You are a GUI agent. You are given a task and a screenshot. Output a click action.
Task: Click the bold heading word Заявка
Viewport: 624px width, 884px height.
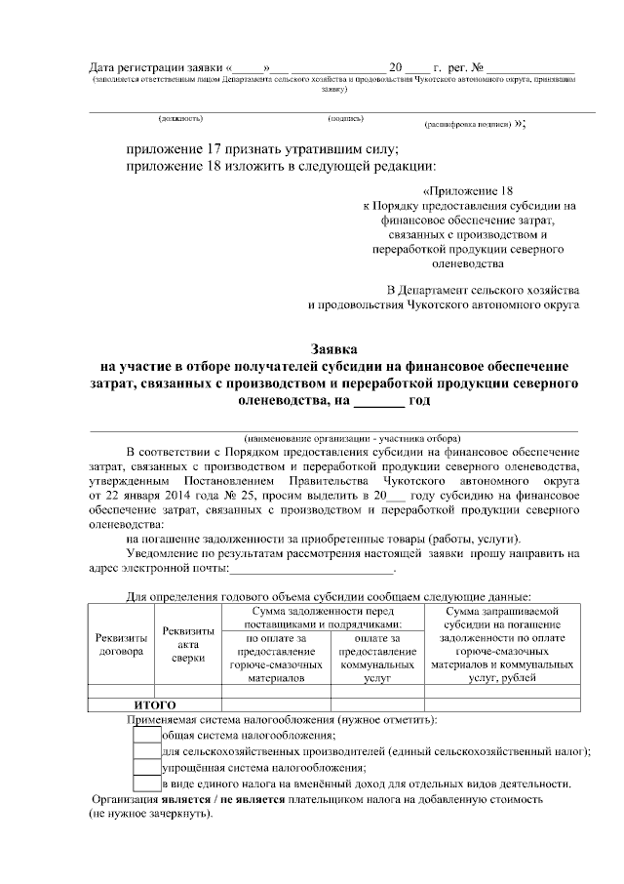[x=333, y=348]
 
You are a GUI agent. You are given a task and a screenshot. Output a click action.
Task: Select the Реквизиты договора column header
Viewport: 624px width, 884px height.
[x=122, y=644]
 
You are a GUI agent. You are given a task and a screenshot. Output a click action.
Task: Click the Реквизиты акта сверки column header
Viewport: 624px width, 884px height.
[x=188, y=645]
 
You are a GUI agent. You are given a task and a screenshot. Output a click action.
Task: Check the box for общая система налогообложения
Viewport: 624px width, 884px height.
[x=146, y=735]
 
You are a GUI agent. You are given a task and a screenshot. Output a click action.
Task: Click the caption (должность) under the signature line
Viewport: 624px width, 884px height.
[x=180, y=119]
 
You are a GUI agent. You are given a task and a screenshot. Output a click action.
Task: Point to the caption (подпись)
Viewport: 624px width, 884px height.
[x=345, y=119]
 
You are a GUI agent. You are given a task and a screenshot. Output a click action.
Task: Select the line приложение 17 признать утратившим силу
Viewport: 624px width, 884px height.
[x=262, y=149]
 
